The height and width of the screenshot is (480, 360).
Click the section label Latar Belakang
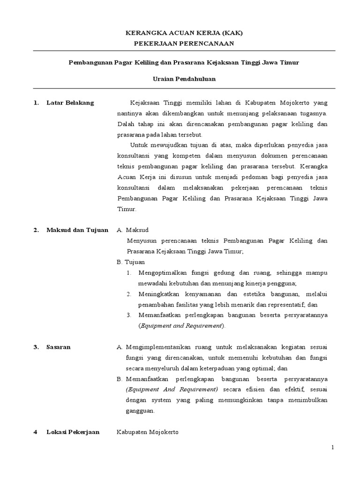[x=70, y=103]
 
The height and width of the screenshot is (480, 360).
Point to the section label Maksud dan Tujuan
[x=77, y=230]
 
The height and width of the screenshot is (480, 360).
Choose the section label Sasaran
[x=59, y=347]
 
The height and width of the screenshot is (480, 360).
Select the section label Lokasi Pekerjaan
[x=73, y=432]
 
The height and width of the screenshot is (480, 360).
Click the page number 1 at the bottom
[x=333, y=448]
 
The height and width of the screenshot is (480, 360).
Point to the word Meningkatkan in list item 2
[x=157, y=294]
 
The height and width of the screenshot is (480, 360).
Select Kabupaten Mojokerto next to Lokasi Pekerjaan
[x=148, y=432]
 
